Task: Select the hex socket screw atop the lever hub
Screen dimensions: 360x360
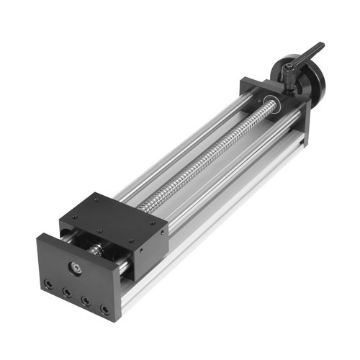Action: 288,68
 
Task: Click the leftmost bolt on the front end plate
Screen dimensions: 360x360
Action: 48,285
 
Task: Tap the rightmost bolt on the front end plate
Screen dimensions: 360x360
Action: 105,310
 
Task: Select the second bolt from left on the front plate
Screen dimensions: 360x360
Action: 67,293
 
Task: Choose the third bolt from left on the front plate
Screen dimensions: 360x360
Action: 86,301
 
